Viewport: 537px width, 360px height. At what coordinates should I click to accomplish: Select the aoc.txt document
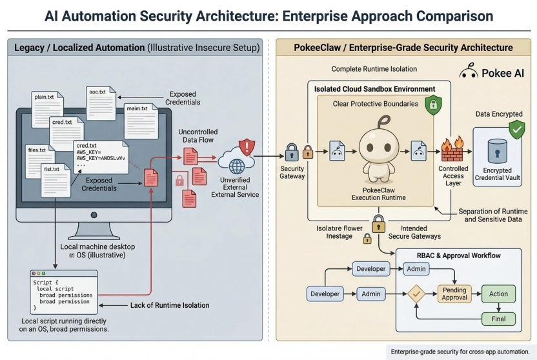(x=102, y=100)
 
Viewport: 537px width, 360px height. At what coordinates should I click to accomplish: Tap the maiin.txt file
(x=139, y=117)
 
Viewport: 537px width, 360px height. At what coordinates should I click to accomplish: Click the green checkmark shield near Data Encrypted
(x=516, y=130)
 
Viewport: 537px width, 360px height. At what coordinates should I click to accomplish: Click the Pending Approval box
(x=455, y=294)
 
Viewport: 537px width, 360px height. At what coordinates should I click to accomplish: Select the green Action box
(x=498, y=294)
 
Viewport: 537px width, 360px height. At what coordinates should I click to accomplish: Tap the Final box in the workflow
(x=498, y=319)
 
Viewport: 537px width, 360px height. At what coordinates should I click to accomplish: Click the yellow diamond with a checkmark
(x=416, y=295)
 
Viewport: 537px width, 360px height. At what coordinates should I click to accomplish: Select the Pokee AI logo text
(x=504, y=74)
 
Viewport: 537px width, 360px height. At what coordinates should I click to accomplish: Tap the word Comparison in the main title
(x=447, y=15)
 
